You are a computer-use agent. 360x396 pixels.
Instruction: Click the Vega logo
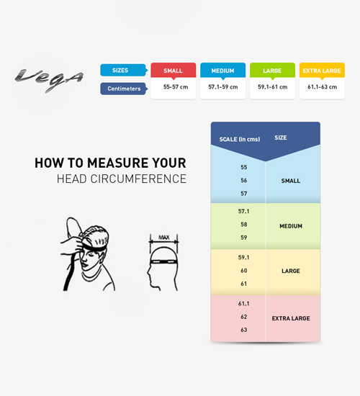(x=49, y=79)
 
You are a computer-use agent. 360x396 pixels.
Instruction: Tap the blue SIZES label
(x=124, y=71)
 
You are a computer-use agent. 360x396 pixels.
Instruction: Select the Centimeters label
(x=124, y=89)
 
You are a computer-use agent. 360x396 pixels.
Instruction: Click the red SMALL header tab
(x=174, y=71)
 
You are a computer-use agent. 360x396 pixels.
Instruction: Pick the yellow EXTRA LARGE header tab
(x=322, y=71)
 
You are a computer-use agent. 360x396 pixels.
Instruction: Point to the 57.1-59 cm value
(x=222, y=87)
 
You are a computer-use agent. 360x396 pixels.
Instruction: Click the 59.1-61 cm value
(x=272, y=87)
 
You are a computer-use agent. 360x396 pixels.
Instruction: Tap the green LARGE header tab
(x=272, y=71)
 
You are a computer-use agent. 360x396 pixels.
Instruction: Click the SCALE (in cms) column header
(x=240, y=139)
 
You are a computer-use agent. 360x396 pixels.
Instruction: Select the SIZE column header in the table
(x=280, y=138)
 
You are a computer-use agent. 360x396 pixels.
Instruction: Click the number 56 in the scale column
(x=244, y=180)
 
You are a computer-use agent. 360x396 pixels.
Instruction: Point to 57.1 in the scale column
(x=244, y=211)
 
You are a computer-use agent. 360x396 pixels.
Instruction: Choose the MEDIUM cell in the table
(x=291, y=226)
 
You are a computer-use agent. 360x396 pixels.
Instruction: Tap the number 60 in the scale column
(x=244, y=271)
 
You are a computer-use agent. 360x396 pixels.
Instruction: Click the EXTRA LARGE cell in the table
(x=291, y=318)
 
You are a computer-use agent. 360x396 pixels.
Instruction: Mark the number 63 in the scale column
(x=244, y=330)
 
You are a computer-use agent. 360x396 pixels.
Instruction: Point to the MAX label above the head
(x=164, y=238)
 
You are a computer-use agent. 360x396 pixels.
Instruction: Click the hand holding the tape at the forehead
(x=72, y=243)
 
